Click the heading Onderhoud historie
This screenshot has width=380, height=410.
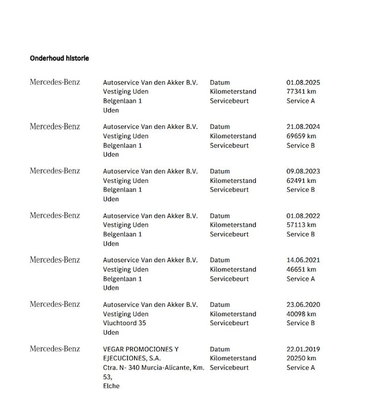(x=59, y=58)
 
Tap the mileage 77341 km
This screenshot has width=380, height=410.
(x=301, y=92)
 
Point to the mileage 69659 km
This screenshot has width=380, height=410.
(x=301, y=136)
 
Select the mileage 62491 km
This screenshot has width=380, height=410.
(x=301, y=181)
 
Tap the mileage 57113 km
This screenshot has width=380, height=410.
(x=301, y=225)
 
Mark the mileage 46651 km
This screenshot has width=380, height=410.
(x=301, y=269)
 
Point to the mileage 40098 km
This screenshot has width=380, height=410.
(x=301, y=314)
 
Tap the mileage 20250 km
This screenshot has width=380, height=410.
(x=301, y=358)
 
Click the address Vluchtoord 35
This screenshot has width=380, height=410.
(x=124, y=323)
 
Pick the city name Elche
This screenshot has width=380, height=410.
(x=111, y=386)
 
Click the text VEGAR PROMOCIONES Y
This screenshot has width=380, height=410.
(x=141, y=349)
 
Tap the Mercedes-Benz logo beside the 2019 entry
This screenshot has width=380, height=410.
(x=55, y=349)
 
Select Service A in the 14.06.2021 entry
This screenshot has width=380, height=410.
(x=300, y=279)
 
